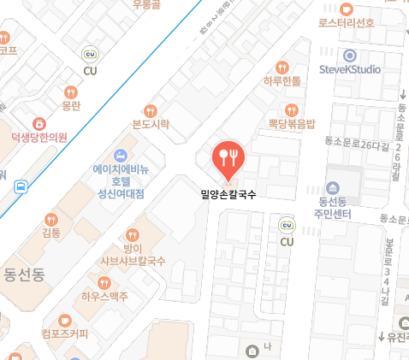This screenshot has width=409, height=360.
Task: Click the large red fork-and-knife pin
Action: [228, 156]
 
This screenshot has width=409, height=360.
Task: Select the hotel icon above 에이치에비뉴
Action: [121, 154]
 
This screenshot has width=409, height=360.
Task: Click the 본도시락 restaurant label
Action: [151, 124]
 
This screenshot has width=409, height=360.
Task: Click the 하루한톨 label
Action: [282, 81]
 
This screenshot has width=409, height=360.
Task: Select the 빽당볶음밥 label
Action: [292, 124]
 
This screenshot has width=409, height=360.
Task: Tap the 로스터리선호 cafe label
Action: [346, 22]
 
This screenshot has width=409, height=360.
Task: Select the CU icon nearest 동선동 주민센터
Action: [287, 225]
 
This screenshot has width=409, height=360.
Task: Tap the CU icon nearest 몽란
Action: [90, 55]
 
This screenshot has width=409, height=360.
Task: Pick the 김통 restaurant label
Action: [51, 232]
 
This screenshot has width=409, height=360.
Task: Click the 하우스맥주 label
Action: [105, 297]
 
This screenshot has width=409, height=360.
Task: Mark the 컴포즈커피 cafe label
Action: [64, 333]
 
